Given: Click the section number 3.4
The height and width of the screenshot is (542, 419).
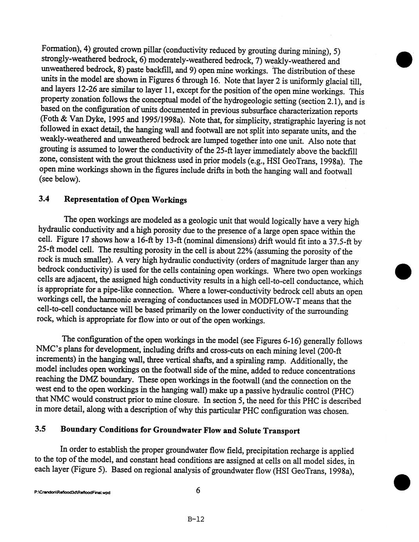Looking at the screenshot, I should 43,199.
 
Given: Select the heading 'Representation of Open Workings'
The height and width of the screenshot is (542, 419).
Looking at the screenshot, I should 126,200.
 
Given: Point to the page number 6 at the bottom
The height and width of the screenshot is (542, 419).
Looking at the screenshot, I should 198,491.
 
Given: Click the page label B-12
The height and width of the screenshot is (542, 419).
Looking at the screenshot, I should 196,519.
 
